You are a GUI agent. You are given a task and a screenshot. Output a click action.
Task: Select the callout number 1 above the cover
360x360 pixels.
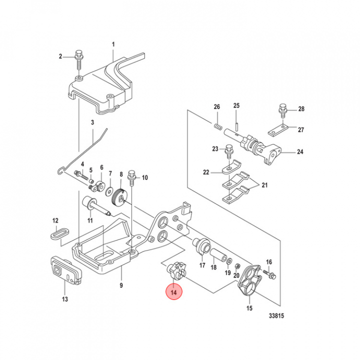[113, 45]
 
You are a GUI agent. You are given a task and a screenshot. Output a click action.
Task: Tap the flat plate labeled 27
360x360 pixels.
[274, 132]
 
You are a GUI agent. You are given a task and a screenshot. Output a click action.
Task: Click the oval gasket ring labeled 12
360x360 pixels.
[60, 232]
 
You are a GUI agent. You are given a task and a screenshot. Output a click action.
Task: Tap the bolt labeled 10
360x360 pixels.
[131, 176]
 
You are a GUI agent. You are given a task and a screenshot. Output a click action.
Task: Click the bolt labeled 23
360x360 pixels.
[229, 150]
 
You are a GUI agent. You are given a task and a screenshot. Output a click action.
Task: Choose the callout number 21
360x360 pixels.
[264, 186]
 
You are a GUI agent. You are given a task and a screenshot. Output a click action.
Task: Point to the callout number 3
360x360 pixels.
[92, 123]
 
